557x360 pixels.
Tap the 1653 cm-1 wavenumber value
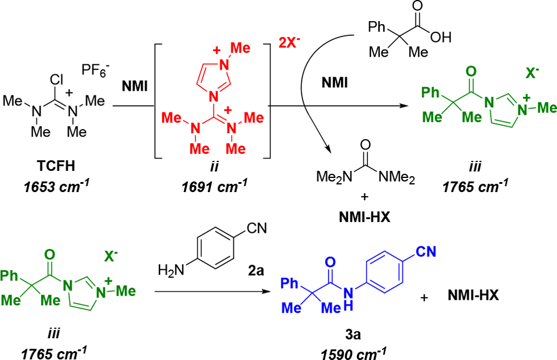point(56,187)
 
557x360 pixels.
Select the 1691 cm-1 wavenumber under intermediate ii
point(214,187)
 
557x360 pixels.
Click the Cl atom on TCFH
point(57,80)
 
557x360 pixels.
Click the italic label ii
point(214,166)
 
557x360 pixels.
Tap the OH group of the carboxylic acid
point(441,37)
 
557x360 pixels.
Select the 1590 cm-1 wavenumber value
point(353,354)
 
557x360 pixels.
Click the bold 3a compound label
point(353,335)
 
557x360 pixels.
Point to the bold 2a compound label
point(256,271)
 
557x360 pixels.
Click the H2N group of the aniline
point(171,271)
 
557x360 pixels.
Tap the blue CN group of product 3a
point(426,252)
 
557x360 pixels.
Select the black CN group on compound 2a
point(257,228)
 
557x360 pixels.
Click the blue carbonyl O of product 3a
point(330,263)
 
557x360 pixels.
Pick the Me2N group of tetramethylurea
point(334,177)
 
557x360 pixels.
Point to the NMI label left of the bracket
point(135,86)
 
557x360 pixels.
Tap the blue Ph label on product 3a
point(290,283)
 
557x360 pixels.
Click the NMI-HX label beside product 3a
point(473,295)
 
